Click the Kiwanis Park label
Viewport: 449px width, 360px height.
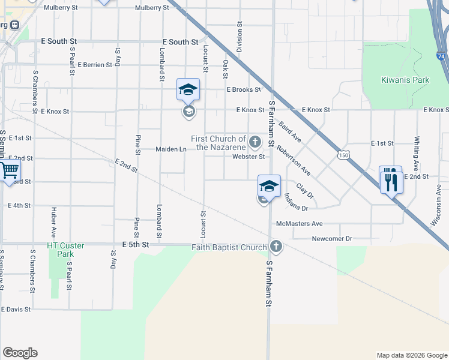point(405,80)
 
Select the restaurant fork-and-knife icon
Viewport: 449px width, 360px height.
point(391,179)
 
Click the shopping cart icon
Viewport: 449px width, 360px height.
point(8,171)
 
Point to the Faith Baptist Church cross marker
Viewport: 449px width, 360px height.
point(276,247)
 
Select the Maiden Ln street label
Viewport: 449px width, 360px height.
point(170,149)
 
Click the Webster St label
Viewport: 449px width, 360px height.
point(249,157)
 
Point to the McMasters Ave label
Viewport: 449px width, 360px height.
point(299,224)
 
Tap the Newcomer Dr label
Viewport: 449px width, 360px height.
point(331,239)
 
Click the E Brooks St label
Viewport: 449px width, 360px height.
point(243,89)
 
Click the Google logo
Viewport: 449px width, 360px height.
point(20,353)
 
